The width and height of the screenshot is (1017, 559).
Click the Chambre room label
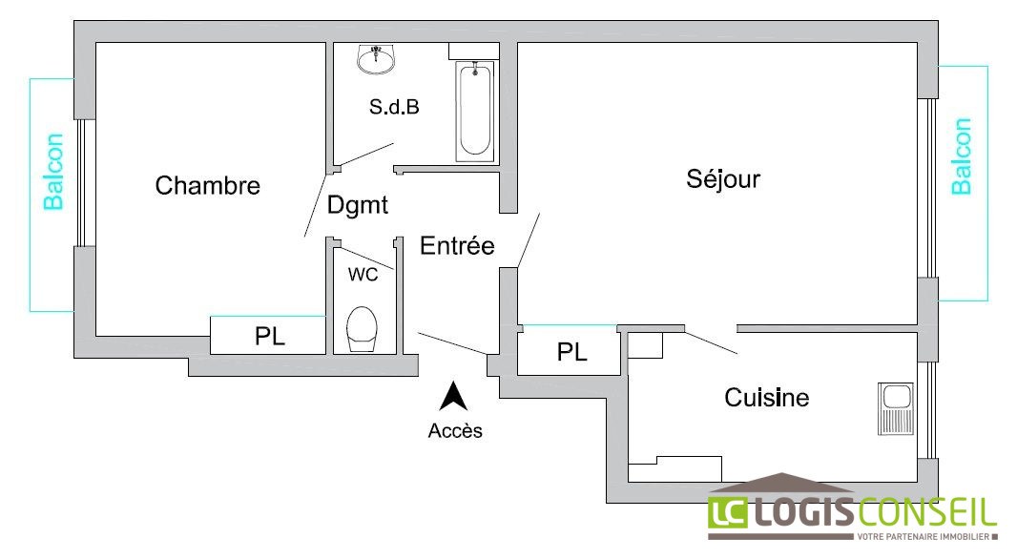(207, 185)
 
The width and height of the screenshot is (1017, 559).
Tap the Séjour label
(723, 178)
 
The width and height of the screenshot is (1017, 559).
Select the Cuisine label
(766, 397)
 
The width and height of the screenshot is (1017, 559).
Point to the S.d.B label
(394, 107)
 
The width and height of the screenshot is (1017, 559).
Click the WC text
(363, 275)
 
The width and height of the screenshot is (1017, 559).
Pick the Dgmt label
(358, 204)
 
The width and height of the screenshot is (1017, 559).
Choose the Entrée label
(457, 246)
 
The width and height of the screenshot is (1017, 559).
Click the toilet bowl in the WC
(362, 328)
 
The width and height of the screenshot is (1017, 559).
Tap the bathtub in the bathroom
(475, 110)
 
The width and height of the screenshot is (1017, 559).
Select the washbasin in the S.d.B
(377, 59)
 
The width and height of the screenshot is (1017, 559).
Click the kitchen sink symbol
(895, 407)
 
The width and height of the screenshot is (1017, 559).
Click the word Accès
(455, 431)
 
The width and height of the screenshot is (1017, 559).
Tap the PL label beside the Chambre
(270, 337)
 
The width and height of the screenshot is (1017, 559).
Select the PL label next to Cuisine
(571, 353)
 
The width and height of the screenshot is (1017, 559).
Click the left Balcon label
(54, 172)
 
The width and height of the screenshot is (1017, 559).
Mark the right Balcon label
(962, 156)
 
